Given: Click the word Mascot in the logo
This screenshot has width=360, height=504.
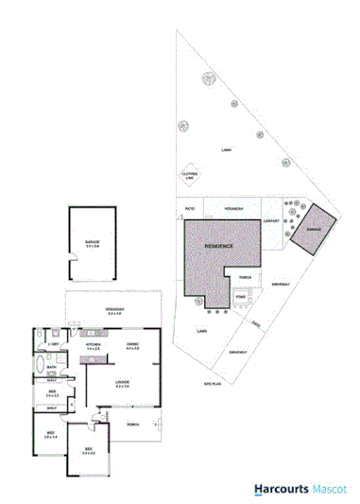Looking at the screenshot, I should (328, 489).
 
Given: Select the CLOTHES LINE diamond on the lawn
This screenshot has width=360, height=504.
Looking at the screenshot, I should (189, 174).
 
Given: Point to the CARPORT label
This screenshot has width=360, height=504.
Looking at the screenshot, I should (271, 221).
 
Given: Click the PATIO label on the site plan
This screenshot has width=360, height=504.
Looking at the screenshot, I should (189, 209).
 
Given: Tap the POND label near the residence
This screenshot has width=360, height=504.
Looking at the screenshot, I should (240, 295).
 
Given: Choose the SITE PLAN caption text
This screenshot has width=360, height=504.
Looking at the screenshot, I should (213, 384).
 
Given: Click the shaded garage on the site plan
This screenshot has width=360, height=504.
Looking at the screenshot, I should (312, 230).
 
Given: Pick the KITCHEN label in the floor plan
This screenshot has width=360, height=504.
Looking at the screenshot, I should (94, 347).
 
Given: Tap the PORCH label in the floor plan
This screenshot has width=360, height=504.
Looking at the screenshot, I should (132, 424).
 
